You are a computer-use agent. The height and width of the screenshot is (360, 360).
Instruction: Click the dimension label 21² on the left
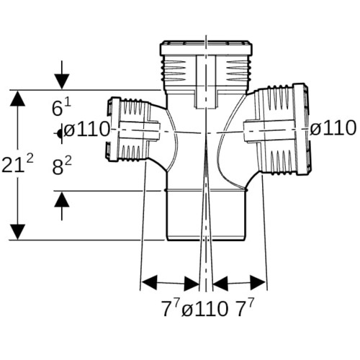(17, 163)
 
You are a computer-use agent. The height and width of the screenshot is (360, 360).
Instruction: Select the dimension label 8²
(62, 166)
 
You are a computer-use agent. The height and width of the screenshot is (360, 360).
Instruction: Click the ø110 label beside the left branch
(86, 130)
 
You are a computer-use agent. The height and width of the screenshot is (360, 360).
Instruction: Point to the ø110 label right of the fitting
(333, 128)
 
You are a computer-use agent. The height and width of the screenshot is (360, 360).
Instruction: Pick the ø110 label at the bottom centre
(204, 309)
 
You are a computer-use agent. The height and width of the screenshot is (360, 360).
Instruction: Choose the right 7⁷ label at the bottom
(245, 308)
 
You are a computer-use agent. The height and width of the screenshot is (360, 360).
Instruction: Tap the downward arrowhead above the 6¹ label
(62, 81)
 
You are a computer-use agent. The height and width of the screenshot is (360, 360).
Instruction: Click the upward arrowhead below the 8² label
(62, 199)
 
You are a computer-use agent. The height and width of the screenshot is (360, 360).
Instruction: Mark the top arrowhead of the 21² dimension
(17, 98)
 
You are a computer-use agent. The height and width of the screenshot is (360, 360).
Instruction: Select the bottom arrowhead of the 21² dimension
(17, 232)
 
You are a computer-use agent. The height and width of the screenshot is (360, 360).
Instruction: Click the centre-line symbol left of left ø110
(60, 133)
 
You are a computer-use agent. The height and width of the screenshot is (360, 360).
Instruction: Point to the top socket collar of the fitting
(206, 48)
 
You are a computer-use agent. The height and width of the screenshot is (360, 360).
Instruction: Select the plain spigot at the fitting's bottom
(206, 215)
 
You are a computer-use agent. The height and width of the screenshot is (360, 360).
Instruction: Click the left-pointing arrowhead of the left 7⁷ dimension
(149, 283)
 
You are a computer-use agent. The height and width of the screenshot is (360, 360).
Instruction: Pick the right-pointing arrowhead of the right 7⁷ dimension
(258, 283)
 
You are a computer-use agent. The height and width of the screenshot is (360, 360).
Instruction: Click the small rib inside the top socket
(206, 81)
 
